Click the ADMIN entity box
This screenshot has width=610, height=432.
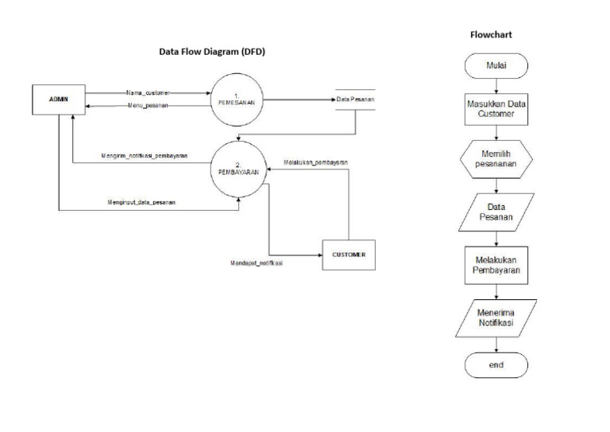point(59,99)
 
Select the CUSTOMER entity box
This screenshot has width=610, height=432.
point(348,255)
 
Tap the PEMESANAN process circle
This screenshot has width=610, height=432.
point(235,99)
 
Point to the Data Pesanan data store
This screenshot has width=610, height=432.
point(354,99)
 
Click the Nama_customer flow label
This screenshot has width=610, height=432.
point(148,93)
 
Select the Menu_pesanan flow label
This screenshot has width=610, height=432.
point(147,106)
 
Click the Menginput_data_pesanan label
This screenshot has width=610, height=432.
point(142,203)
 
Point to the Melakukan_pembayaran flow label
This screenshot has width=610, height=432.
point(315,162)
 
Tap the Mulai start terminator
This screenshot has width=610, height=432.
point(496,67)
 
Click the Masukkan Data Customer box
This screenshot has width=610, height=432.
point(496,109)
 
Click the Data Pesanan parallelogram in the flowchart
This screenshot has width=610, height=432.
point(496,209)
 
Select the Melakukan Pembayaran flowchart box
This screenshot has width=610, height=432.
point(496,265)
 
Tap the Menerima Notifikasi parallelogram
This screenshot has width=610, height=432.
point(496,318)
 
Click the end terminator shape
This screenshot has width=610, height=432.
point(496,364)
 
